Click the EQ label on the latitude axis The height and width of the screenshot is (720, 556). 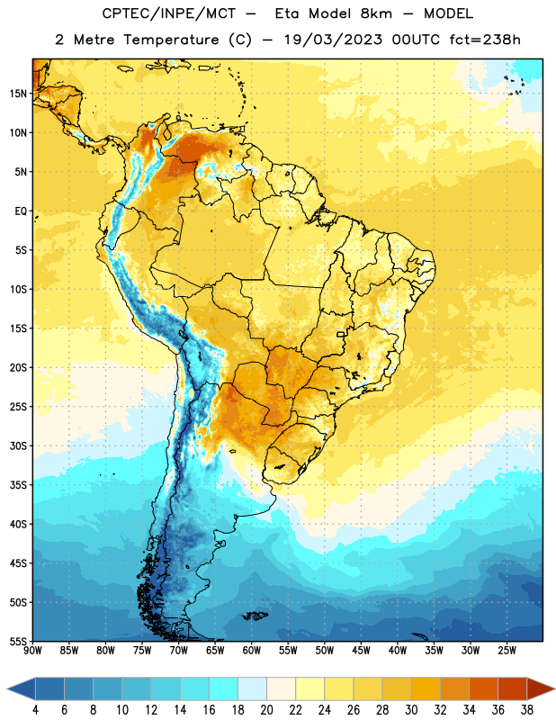[x=21, y=211]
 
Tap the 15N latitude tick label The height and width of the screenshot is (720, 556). [x=18, y=94]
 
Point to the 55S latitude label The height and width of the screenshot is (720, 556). [x=18, y=641]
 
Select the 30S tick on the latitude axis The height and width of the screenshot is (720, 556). [x=18, y=445]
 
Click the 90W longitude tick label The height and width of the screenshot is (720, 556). [x=33, y=651]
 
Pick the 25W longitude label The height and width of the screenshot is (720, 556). [x=507, y=651]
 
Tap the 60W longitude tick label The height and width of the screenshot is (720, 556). [x=252, y=651]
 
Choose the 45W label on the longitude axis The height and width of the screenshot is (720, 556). [x=362, y=651]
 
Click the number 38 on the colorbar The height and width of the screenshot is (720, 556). [x=526, y=710]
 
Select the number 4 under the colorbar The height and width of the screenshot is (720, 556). [x=35, y=710]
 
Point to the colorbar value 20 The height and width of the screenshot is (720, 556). [x=266, y=710]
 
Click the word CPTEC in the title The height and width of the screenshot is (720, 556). [x=119, y=13]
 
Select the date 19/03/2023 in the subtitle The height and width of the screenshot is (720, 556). [x=333, y=40]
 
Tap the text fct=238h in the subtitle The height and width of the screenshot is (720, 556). [x=485, y=40]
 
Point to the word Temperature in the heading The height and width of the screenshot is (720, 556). [x=171, y=40]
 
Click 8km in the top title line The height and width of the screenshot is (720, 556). [x=376, y=13]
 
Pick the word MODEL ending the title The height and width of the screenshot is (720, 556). [x=448, y=13]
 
